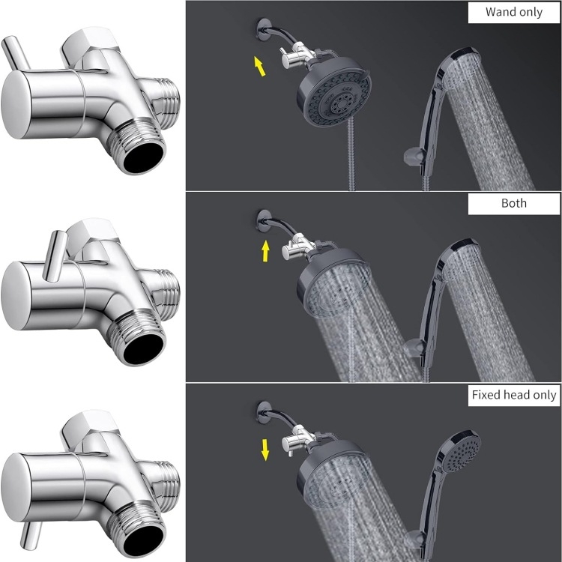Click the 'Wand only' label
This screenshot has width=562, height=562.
point(513,12)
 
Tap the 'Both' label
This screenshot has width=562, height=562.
point(513,203)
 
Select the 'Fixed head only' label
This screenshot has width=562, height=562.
point(513,395)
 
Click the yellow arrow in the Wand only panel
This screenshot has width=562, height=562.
point(260,66)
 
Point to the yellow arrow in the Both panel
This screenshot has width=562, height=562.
point(265,251)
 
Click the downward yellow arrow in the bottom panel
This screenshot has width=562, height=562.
point(265,450)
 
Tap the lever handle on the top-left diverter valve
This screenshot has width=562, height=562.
point(16,53)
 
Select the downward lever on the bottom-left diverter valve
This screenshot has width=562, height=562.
point(31,535)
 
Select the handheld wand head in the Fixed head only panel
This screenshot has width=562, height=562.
point(461,452)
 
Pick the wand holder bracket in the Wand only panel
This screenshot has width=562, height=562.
point(413,157)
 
